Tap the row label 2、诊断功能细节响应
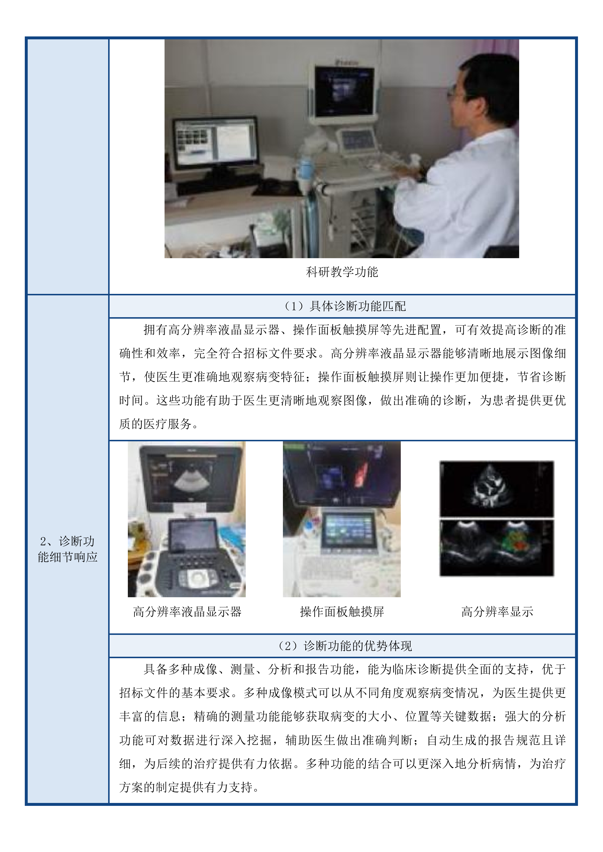[68, 549]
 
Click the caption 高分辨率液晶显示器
[187, 612]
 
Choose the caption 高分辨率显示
[497, 612]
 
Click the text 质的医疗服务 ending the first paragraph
[156, 424]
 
